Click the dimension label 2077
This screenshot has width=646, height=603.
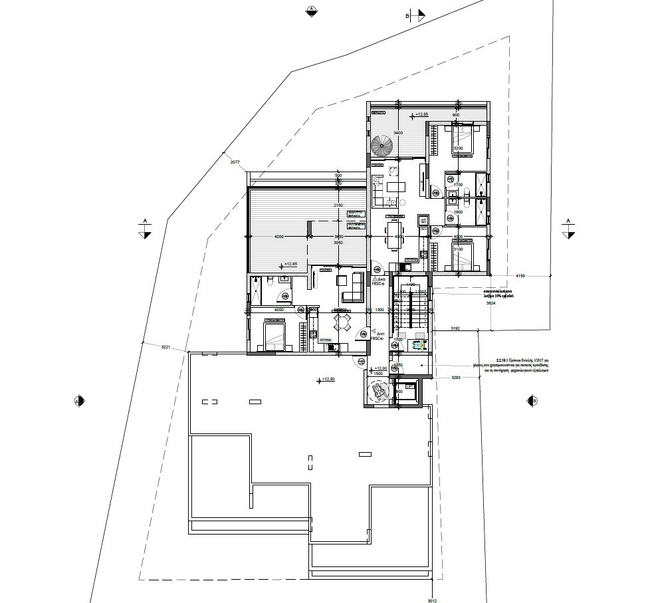pyautogui.click(x=234, y=162)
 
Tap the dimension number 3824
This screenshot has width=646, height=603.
pyautogui.click(x=491, y=303)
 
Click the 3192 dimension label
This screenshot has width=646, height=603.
pyautogui.click(x=455, y=328)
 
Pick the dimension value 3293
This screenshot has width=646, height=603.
pyautogui.click(x=455, y=378)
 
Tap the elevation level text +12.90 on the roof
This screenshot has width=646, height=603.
pyautogui.click(x=326, y=380)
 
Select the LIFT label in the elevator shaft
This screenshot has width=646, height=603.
pyautogui.click(x=399, y=392)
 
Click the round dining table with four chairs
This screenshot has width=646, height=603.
pyautogui.click(x=343, y=322)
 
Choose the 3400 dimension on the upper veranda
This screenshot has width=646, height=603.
pyautogui.click(x=398, y=133)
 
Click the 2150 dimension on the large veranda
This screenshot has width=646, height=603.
pyautogui.click(x=338, y=205)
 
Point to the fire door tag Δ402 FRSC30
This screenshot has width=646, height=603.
pyautogui.click(x=377, y=282)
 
